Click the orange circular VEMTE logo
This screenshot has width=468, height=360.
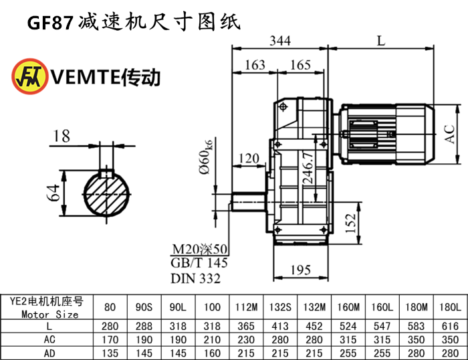pos(28,76)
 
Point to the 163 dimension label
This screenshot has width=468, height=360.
pos(255,65)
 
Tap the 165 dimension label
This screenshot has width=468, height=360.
pos(301,65)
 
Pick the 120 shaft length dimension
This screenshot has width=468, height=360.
pos(248,159)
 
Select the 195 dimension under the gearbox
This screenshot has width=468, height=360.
pos(302,270)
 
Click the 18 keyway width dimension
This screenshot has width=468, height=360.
pos(61,137)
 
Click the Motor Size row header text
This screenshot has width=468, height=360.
pos(49,314)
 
